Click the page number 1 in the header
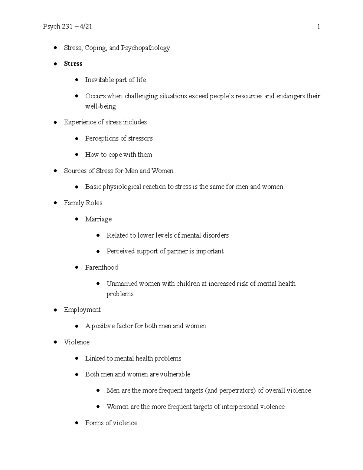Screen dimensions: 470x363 coord(318,27)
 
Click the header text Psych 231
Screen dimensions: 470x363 coord(57,27)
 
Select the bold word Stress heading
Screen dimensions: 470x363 coord(73,64)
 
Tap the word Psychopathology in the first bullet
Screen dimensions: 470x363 coord(146,48)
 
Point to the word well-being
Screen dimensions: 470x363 coord(100,106)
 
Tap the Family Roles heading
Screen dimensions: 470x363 coord(83,203)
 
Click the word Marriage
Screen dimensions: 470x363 coord(98,219)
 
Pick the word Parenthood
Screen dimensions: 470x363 coord(101,267)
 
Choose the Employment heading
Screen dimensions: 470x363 coord(82,310)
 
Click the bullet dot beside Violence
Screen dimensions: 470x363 coord(55,342)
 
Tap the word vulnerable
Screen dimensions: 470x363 coord(175,374)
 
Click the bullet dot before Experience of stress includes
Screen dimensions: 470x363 coord(55,122)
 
